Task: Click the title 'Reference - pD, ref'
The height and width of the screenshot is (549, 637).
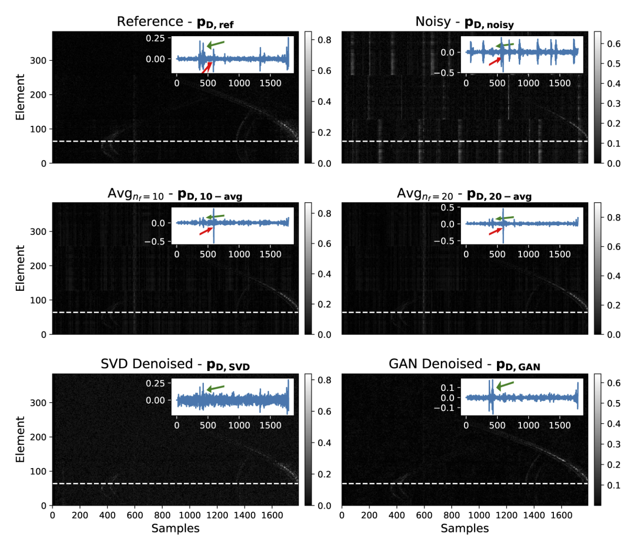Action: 175,22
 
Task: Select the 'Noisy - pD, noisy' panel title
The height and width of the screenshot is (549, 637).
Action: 464,22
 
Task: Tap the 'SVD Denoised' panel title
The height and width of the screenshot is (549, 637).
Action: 175,364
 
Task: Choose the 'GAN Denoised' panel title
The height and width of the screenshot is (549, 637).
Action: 464,364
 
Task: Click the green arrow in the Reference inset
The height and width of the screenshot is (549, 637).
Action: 215,44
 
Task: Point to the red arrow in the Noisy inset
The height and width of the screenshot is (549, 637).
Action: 495,61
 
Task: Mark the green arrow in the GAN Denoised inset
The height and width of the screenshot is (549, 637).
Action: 505,385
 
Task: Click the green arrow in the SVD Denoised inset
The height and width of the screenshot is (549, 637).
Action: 215,388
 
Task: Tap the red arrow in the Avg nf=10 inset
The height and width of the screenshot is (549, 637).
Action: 206,231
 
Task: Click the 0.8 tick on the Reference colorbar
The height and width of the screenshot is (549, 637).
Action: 324,40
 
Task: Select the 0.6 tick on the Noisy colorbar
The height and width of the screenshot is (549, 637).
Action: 614,44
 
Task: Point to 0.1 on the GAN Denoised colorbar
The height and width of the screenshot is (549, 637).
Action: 614,485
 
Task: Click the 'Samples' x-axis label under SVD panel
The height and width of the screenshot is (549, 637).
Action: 175,528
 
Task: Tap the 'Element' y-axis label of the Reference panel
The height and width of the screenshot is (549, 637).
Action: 20,97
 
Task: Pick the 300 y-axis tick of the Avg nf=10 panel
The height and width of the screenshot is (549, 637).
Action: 38,232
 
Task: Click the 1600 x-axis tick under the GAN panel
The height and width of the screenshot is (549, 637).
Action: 561,515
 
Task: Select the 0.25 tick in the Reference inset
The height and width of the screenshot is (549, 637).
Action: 155,38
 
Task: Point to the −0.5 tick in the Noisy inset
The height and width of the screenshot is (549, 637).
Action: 444,73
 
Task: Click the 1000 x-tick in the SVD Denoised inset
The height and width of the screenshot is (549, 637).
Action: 239,425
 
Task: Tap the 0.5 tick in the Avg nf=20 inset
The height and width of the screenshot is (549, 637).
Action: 447,208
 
